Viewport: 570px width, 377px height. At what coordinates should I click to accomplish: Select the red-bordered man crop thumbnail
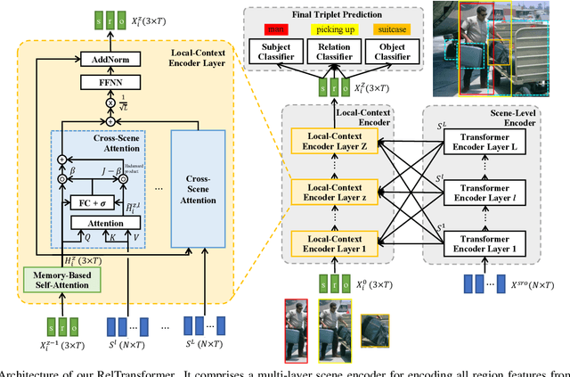[296, 331]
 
